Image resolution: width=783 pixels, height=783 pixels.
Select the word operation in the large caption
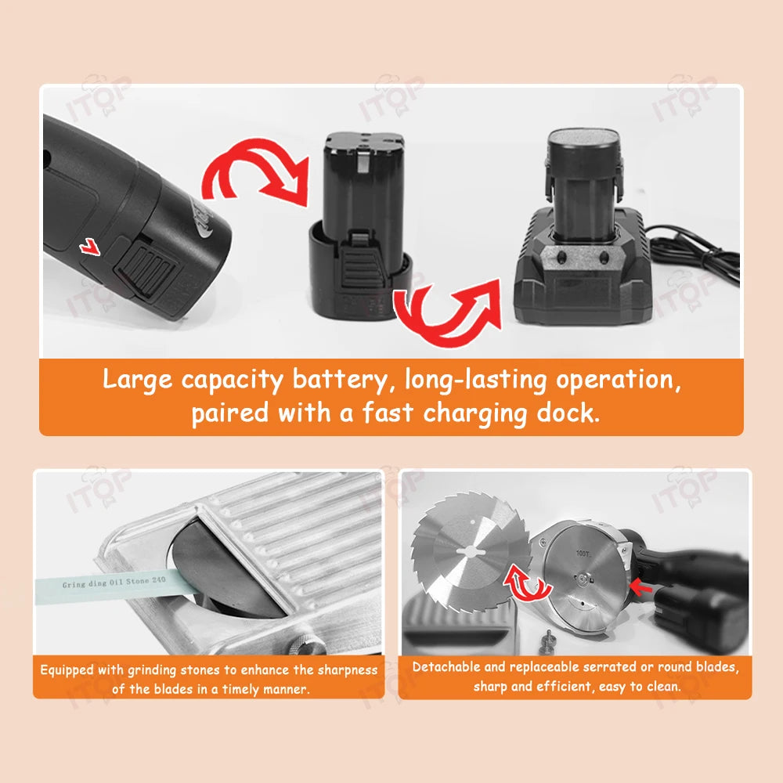tap(619, 380)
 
